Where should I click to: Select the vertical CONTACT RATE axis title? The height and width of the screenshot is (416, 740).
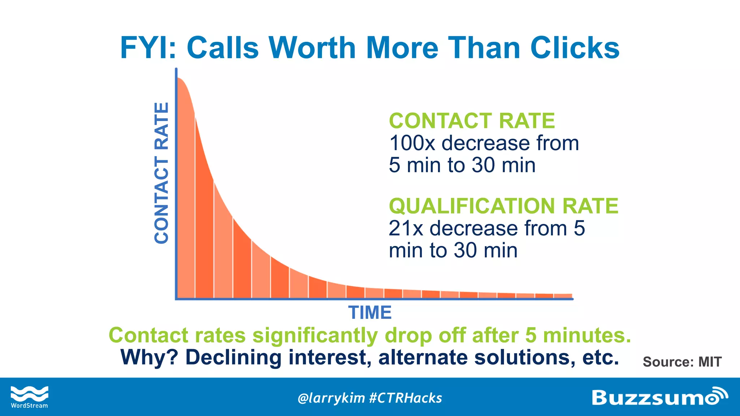coord(162,173)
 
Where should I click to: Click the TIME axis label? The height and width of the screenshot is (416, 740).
coord(370,312)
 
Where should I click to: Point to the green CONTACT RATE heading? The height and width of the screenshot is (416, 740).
coord(472,121)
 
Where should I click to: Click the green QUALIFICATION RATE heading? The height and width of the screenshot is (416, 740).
coord(503,206)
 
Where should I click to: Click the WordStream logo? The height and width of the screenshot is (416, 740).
coord(29,397)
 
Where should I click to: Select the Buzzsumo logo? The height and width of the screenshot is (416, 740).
coord(659,397)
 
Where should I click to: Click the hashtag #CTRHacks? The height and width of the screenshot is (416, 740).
coord(406,398)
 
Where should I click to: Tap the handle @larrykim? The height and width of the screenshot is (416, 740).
coord(331,398)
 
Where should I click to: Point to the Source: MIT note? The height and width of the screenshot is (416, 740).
coord(682,361)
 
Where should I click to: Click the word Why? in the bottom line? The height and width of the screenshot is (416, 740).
coord(149,357)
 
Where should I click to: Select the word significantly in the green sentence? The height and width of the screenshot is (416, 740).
coord(315,335)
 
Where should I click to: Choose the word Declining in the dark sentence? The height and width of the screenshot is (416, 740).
coord(233,357)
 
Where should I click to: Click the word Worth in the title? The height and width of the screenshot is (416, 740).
coord(313,48)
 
